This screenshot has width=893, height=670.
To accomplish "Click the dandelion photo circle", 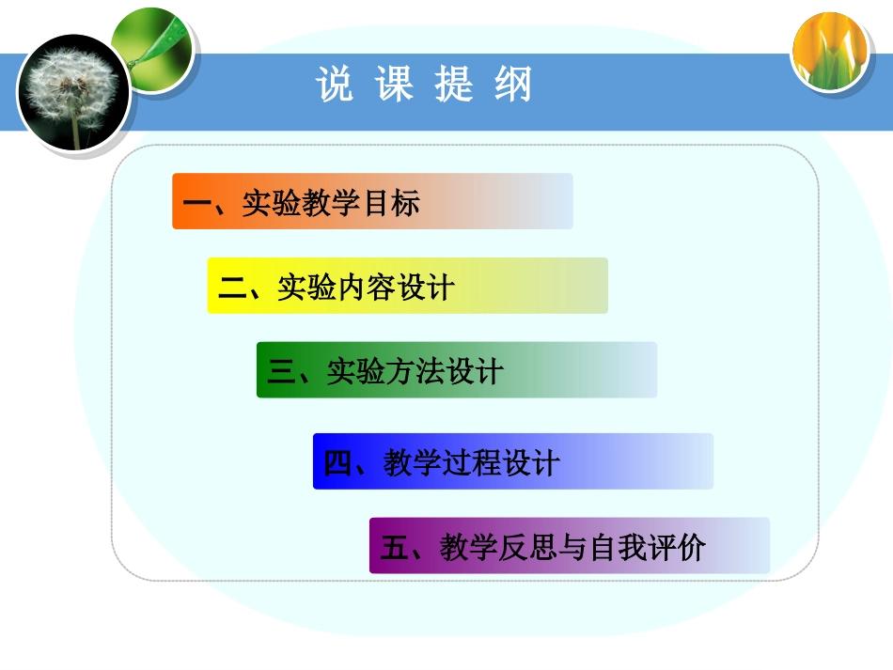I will [73, 91].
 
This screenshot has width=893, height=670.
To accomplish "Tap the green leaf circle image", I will [153, 44].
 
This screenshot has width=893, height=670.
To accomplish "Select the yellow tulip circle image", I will [829, 52].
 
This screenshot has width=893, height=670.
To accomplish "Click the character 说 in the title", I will [334, 86].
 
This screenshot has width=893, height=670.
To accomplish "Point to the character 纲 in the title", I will [513, 86].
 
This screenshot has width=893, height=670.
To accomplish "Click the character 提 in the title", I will [454, 86].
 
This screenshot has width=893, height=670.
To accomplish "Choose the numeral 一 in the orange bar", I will [197, 203].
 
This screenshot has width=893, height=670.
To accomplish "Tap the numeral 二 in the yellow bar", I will [232, 288].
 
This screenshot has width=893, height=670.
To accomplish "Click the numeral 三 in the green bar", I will [281, 372].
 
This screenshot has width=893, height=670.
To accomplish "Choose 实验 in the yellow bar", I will [306, 288].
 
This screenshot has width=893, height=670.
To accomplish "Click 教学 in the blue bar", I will [412, 463].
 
